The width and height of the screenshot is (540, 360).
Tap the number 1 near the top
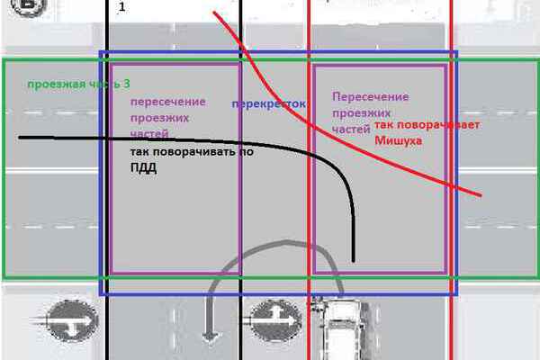tap(121, 7)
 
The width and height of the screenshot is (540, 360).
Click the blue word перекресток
tap(268, 104)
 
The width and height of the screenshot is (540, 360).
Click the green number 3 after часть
tap(126, 84)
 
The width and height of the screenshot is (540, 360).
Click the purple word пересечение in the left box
tap(168, 102)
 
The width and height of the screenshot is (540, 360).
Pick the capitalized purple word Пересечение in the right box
tap(370, 97)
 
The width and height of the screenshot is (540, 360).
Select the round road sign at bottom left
tap(67, 319)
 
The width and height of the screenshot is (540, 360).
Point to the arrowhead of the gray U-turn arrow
tap(211, 337)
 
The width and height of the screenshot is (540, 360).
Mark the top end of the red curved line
tap(214, 13)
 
